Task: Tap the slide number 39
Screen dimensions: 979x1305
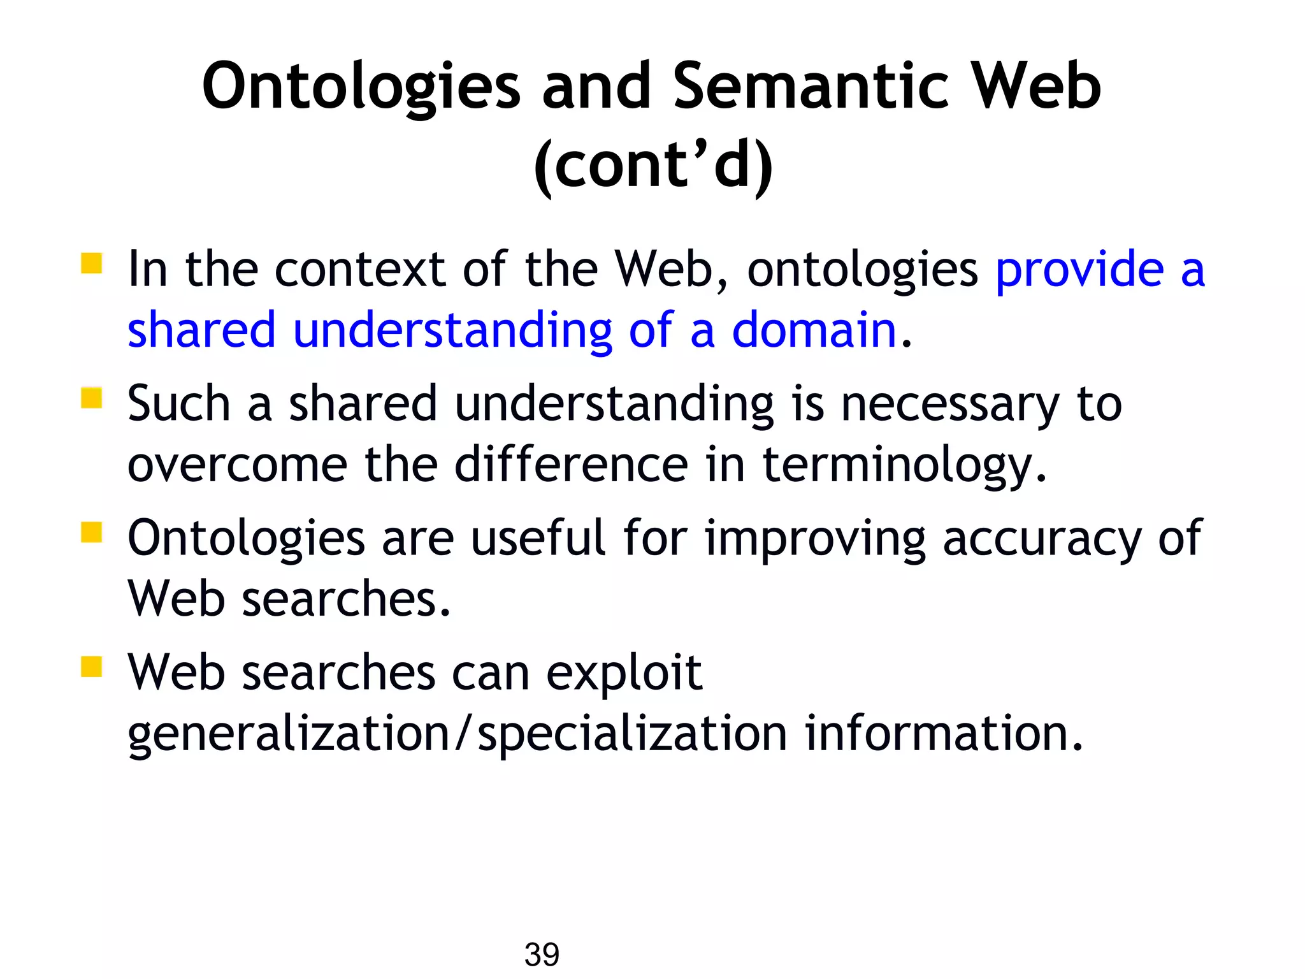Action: point(542,954)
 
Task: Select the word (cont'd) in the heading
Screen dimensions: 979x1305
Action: point(653,166)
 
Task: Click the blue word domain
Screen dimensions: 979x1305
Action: point(814,330)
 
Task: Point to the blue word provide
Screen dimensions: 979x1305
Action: point(1079,270)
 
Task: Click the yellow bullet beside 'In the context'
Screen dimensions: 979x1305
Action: point(92,263)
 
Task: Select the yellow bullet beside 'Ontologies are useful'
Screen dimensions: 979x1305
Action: point(92,532)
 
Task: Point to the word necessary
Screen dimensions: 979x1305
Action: point(950,405)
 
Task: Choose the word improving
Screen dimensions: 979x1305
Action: point(815,540)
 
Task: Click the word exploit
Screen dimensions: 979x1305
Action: point(624,673)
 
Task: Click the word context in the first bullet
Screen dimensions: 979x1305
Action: point(359,270)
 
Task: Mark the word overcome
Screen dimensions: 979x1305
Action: point(238,465)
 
